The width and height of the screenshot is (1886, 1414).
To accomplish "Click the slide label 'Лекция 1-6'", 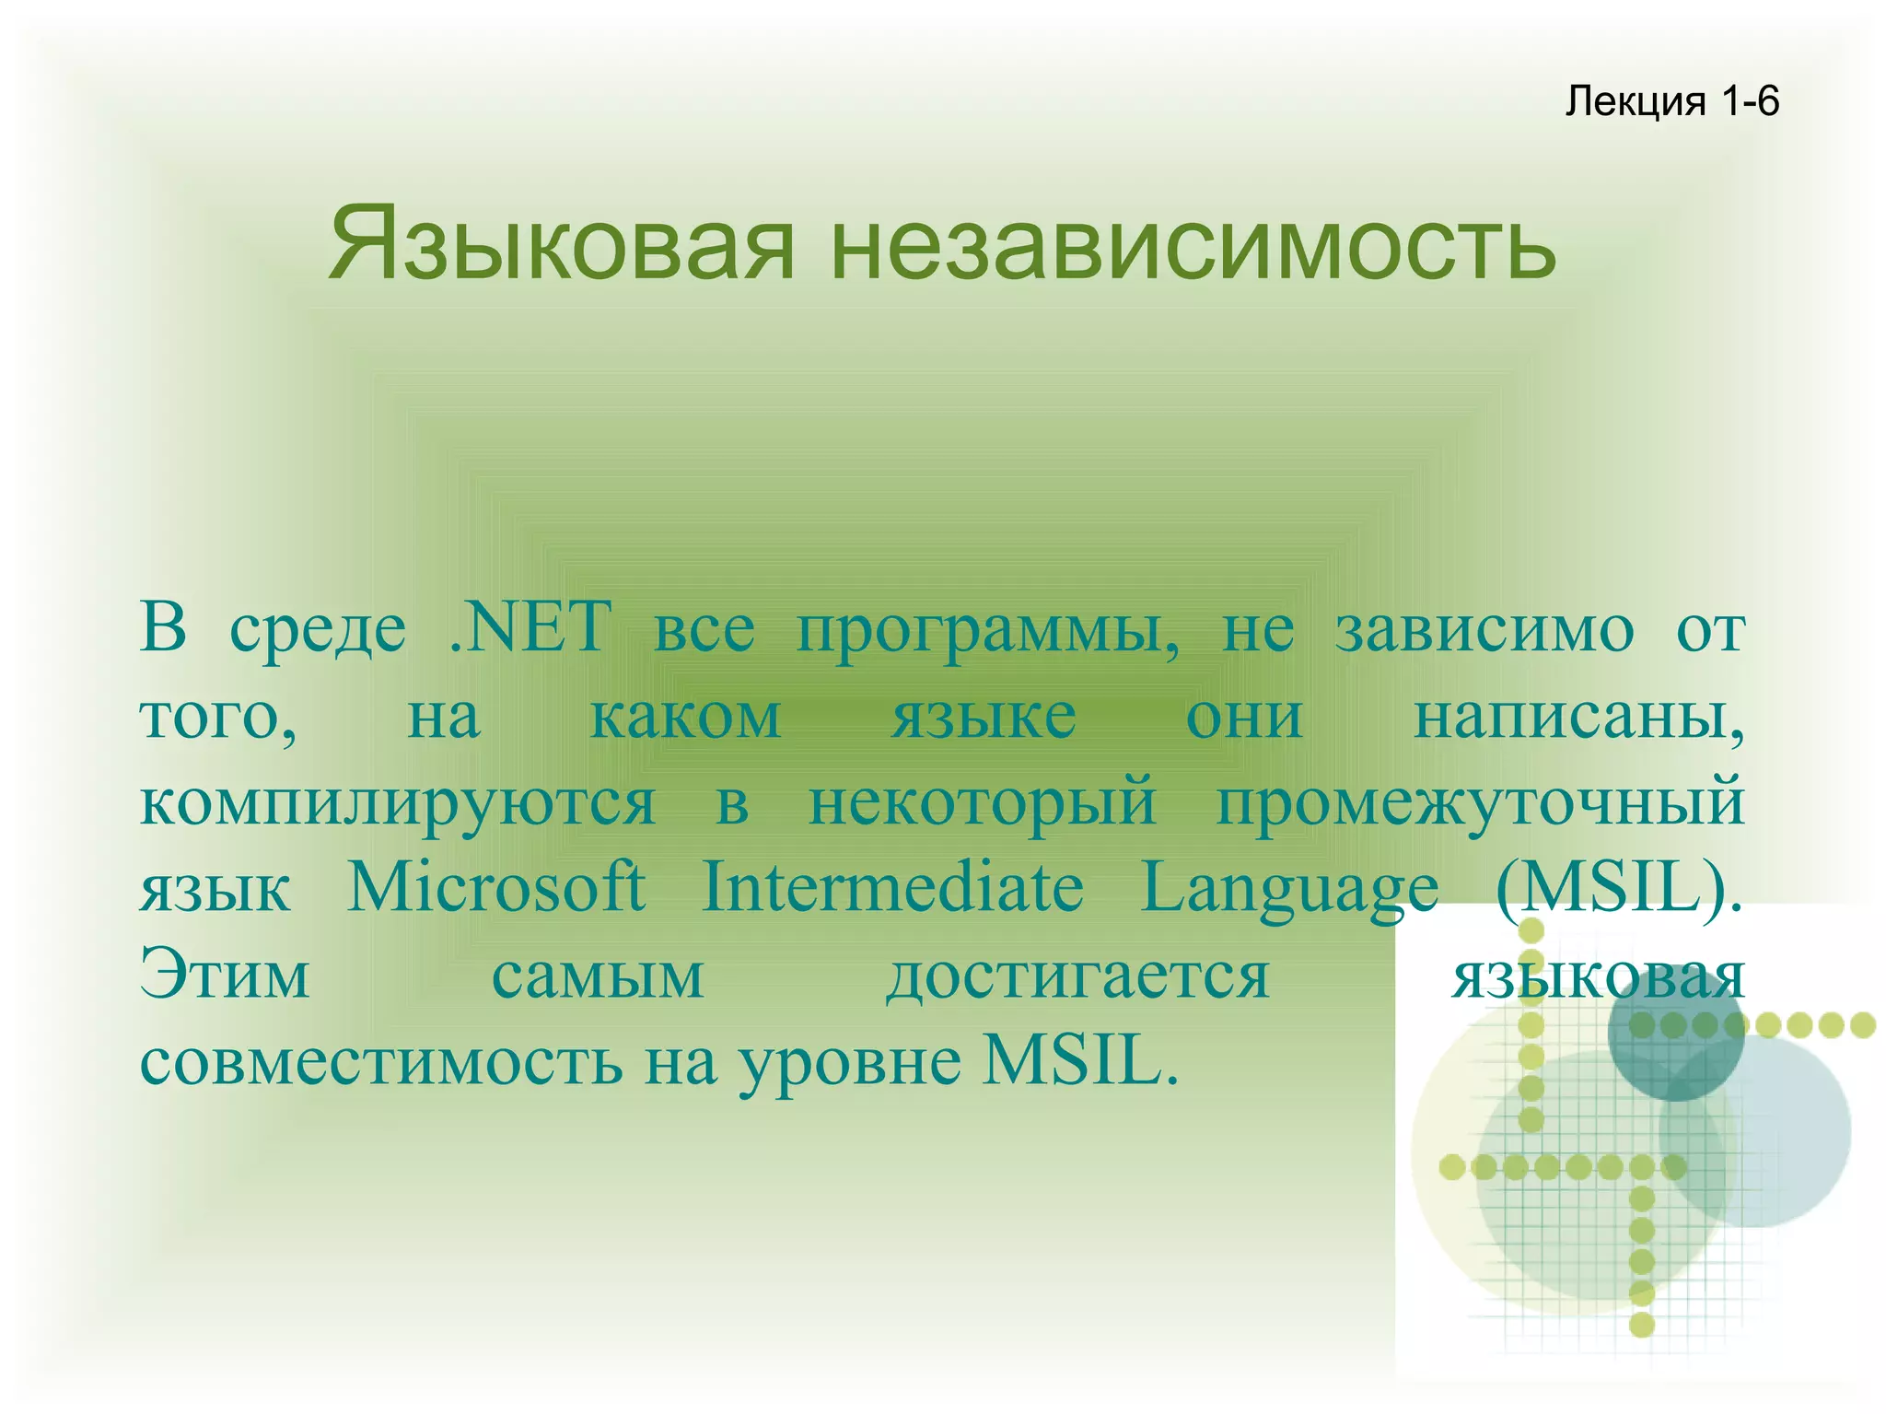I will (x=1671, y=100).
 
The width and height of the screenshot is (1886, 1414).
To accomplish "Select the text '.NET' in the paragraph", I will (x=530, y=627).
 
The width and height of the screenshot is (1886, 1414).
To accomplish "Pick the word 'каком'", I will (x=685, y=716).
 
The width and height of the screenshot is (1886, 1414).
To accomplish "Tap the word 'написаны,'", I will (x=1578, y=716).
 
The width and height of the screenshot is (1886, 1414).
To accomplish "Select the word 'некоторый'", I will (x=982, y=801).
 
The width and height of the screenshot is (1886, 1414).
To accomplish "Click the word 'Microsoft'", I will (x=495, y=887).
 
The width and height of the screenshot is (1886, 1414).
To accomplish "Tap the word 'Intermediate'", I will (x=892, y=887).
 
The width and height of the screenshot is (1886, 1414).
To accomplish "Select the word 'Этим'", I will (x=225, y=975).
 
